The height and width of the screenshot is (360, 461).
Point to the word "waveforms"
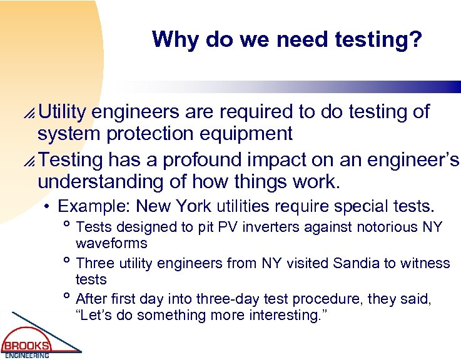click(x=111, y=242)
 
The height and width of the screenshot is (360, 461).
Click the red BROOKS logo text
click(x=26, y=345)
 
